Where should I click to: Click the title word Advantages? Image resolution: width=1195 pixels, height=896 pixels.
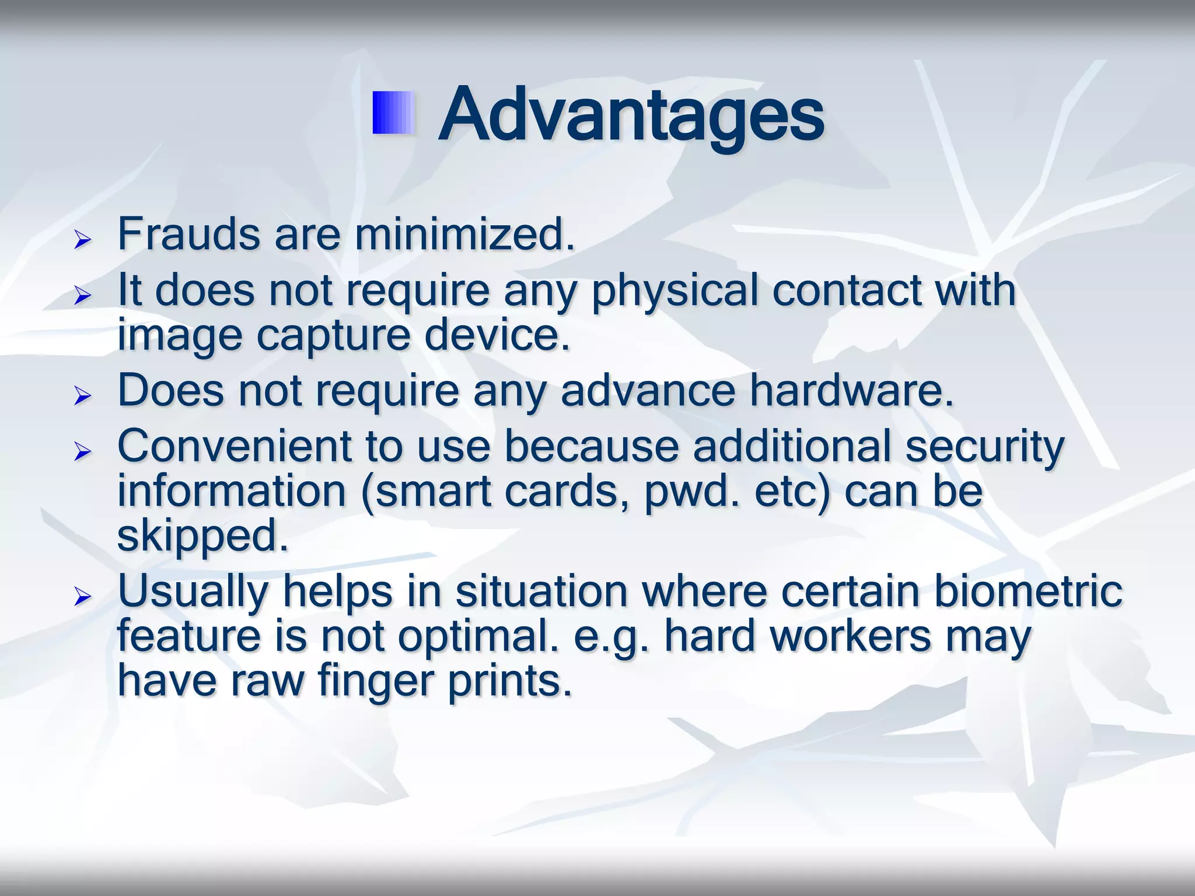coord(631,115)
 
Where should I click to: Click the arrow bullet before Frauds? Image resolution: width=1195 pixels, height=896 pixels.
coord(83,240)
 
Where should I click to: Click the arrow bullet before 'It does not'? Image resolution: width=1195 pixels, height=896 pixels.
coord(83,296)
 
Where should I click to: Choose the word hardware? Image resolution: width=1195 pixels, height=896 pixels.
coord(851,391)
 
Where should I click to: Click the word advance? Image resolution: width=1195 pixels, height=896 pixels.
coord(648,391)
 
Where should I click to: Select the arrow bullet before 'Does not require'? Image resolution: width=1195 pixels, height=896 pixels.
coord(83,397)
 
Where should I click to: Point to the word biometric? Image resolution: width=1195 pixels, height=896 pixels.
coord(1028,591)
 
